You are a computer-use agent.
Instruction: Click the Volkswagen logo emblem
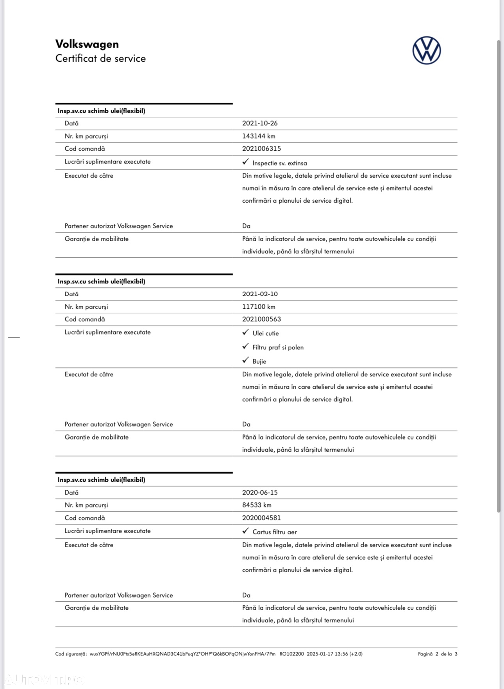[426, 51]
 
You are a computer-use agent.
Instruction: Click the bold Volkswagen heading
[87, 44]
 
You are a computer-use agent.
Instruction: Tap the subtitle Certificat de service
[100, 59]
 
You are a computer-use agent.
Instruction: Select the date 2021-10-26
[260, 123]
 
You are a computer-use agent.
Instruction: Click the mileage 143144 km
[259, 136]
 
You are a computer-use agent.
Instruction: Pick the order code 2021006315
[261, 149]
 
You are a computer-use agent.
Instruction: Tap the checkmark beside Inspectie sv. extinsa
[245, 162]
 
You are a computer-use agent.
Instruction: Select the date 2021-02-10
[260, 294]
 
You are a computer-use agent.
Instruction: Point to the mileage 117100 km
[259, 307]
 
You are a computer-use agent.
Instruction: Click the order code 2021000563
[261, 319]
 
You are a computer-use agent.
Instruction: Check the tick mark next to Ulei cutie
[245, 332]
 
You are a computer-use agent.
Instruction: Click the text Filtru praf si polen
[278, 347]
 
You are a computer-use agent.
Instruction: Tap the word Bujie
[259, 361]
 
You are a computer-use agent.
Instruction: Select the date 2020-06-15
[260, 493]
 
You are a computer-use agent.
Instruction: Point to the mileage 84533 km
[257, 505]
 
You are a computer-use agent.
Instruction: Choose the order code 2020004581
[261, 518]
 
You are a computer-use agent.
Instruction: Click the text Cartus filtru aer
[274, 532]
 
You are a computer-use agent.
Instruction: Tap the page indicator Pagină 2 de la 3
[437, 654]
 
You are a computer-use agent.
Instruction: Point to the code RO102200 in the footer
[291, 654]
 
